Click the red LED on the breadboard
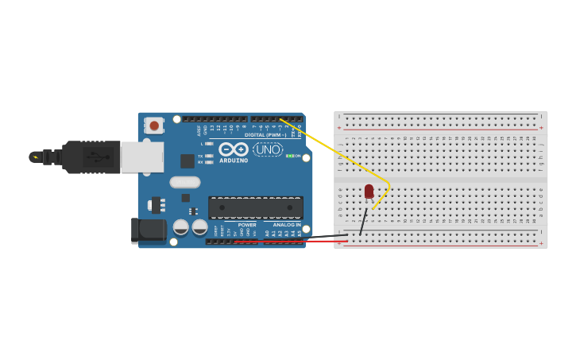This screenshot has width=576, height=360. tap(369, 191)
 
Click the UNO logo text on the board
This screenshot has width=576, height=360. tap(268, 149)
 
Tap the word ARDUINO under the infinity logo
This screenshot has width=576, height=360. tap(234, 161)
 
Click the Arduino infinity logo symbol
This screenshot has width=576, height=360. tap(234, 149)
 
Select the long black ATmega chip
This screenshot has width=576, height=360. tap(255, 207)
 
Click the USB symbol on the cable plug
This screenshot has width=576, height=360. tap(99, 157)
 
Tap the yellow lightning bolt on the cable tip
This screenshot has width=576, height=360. tap(35, 157)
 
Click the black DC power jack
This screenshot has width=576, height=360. tap(149, 230)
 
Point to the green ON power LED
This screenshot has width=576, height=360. tap(289, 156)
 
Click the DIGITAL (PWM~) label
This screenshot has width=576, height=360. tap(265, 134)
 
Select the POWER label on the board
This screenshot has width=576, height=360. tap(247, 224)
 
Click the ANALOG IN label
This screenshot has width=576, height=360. tap(287, 224)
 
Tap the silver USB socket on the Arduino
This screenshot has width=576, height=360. tap(142, 157)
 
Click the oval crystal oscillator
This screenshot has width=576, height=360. tap(185, 182)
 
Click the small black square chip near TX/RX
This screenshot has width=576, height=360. tap(187, 161)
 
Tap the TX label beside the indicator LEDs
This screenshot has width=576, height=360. tap(200, 156)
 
